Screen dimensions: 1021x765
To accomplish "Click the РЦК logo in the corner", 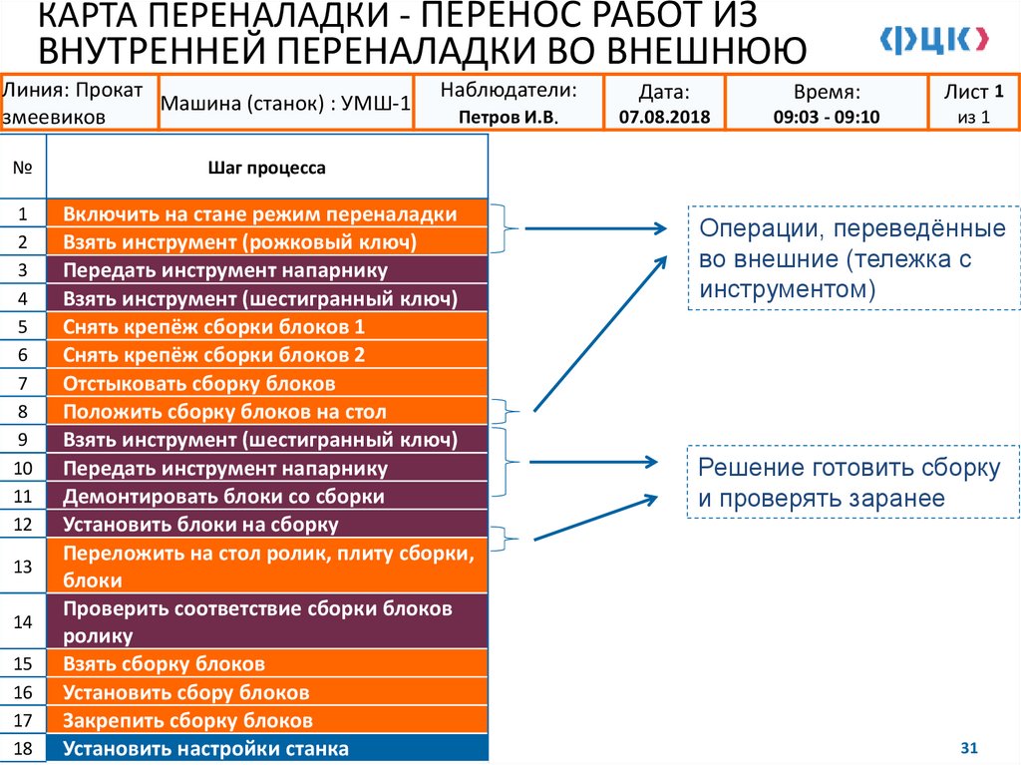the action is [x=934, y=39].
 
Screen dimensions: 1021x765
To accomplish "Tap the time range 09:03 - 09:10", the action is [x=826, y=117].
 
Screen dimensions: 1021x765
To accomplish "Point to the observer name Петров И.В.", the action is [x=509, y=117].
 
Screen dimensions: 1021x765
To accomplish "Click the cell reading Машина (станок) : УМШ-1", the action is [x=285, y=103].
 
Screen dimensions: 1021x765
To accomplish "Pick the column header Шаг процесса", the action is [x=266, y=169].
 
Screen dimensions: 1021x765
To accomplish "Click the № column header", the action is [x=24, y=169].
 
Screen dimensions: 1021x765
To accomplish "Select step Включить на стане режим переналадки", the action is [x=260, y=214].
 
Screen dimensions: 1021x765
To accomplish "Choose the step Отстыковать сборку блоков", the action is [x=199, y=383].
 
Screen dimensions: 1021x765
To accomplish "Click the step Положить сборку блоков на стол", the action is [x=224, y=411].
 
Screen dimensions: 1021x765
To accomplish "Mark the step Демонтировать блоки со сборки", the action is [x=223, y=496].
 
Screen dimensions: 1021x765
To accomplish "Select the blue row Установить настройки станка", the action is [x=205, y=749].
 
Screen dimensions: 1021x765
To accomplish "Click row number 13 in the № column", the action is [x=24, y=567].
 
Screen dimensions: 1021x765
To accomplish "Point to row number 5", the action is [x=24, y=327].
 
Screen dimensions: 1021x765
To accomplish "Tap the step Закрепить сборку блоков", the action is [x=188, y=720].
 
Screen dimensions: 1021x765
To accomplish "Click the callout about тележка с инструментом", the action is [x=852, y=258].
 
